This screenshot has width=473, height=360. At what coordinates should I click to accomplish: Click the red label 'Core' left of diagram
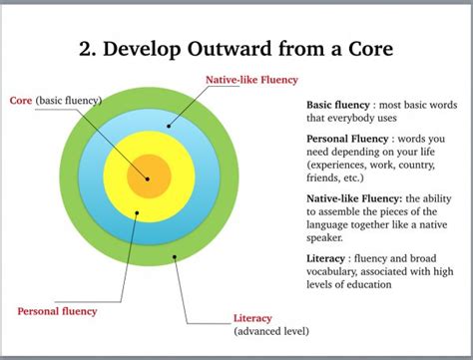pyautogui.click(x=20, y=101)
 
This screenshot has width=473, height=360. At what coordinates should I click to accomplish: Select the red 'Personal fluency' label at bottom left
pyautogui.click(x=57, y=311)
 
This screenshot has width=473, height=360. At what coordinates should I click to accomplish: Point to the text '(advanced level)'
pyautogui.click(x=271, y=330)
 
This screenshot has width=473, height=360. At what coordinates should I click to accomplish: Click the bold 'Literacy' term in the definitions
pyautogui.click(x=327, y=257)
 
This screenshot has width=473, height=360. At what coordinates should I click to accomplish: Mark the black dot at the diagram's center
pyautogui.click(x=148, y=180)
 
